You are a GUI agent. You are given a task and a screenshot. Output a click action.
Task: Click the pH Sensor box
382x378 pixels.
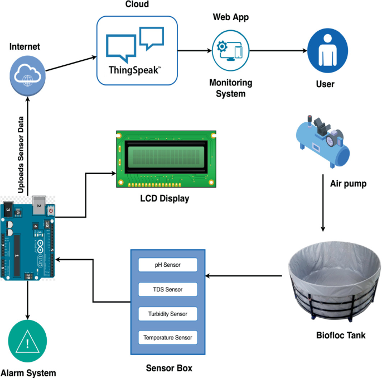[x=168, y=265]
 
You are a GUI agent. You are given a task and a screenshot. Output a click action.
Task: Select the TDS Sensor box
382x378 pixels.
[x=168, y=289]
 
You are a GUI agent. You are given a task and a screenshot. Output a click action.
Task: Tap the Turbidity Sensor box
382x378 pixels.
[x=168, y=314]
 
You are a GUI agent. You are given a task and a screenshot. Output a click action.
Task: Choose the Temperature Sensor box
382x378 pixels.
[x=168, y=337]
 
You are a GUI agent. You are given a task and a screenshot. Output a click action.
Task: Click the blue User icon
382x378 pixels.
[x=328, y=51]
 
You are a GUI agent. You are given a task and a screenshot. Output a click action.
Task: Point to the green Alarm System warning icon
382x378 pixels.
[x=27, y=341]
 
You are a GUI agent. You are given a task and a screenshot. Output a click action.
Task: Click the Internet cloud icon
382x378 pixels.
[x=27, y=76]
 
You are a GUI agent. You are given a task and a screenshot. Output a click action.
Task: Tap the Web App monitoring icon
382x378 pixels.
[x=230, y=51]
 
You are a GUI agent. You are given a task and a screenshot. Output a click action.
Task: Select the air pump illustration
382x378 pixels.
[x=323, y=141]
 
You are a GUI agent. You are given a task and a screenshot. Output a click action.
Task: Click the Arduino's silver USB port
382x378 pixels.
[x=39, y=205]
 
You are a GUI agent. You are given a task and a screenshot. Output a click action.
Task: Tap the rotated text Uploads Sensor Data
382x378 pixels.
[x=21, y=155]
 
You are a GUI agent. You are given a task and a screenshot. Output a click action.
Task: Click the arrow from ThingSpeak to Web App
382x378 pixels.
[x=195, y=51]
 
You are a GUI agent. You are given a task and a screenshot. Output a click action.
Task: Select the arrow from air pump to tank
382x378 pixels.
[x=323, y=203]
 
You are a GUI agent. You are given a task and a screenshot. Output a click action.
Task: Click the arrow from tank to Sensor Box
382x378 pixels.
[x=244, y=276]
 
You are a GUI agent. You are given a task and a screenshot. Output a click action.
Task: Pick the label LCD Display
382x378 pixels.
[x=165, y=199]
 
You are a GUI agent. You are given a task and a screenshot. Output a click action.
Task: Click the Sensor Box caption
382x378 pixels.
[x=169, y=368]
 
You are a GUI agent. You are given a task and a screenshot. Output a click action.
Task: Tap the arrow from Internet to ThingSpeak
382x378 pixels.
[x=71, y=64]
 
